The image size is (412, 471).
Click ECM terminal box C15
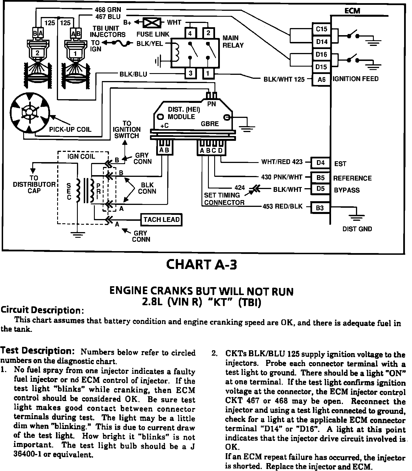(321, 29)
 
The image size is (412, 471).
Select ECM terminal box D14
(321, 42)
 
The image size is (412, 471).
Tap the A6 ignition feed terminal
(321, 80)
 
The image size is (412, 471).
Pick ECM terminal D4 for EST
(320, 163)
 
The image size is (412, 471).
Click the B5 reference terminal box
(320, 178)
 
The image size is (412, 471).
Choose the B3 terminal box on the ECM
(320, 208)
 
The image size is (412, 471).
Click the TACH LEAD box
(161, 220)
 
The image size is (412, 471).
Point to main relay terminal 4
(190, 33)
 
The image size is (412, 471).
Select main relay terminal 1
(208, 74)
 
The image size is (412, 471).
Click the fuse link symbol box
(152, 22)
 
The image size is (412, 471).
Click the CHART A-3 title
(201, 265)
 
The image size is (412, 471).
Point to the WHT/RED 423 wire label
(282, 162)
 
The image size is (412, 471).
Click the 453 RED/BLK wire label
(282, 206)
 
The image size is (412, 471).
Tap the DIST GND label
(357, 229)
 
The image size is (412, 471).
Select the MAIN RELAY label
(233, 42)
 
